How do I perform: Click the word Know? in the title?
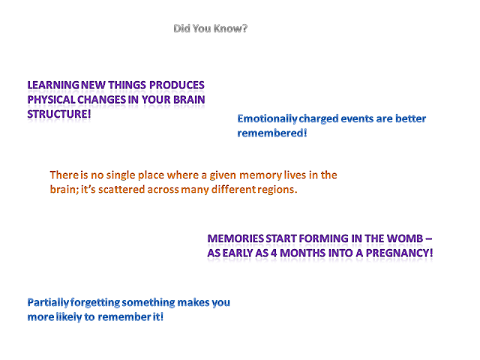point(230,28)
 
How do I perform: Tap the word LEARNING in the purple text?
point(53,85)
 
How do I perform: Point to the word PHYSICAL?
point(52,100)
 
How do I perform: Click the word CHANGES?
point(102,100)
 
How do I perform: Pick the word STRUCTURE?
point(59,114)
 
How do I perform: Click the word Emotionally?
point(267,119)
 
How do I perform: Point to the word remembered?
point(272,133)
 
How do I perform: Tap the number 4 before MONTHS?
point(274,253)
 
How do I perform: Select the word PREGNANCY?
point(400,253)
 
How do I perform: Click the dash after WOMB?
point(429,238)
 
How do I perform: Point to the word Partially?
point(48,303)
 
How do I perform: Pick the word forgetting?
point(95,303)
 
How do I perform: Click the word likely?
point(69,317)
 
